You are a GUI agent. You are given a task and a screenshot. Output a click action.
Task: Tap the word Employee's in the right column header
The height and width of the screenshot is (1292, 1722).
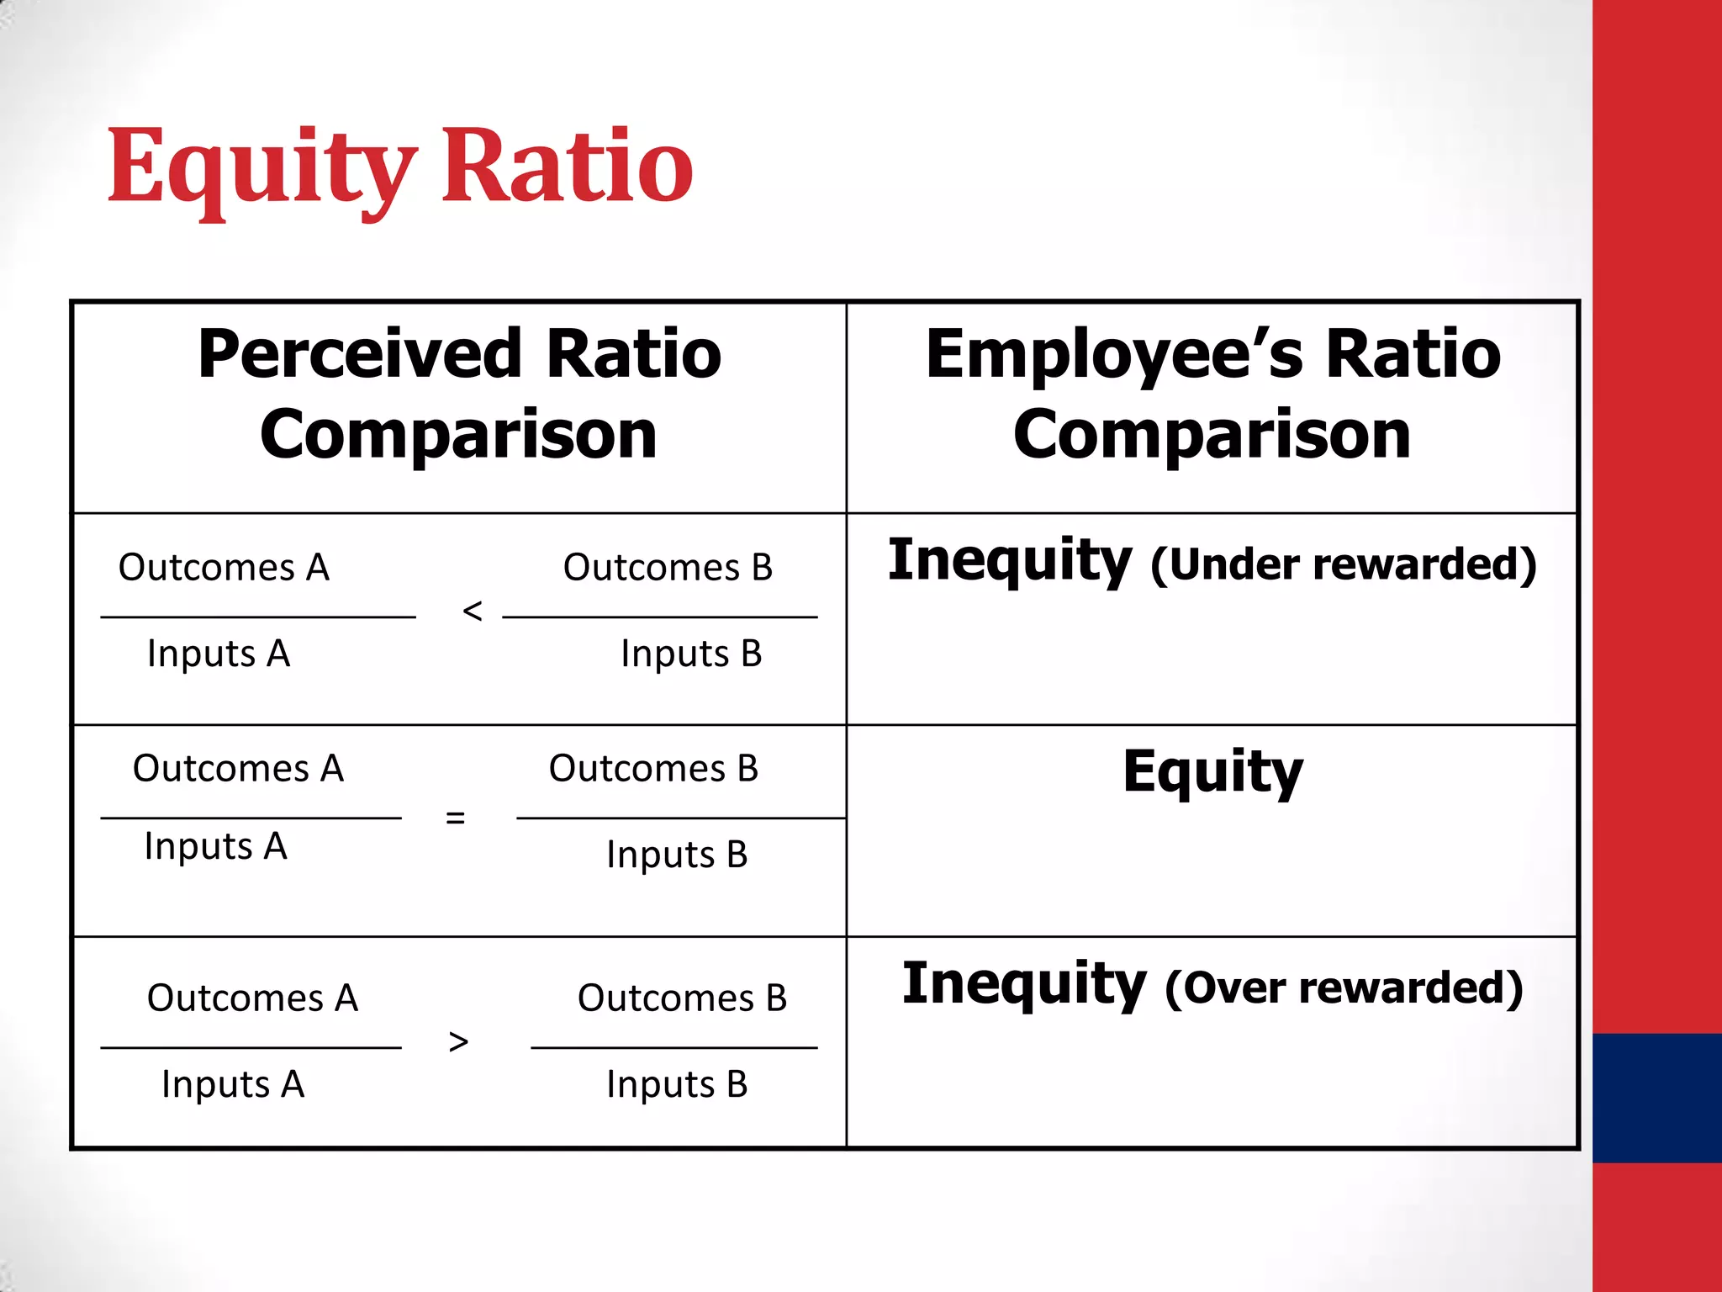(x=1114, y=354)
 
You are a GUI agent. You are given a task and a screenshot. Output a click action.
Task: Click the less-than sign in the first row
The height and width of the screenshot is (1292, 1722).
(x=473, y=611)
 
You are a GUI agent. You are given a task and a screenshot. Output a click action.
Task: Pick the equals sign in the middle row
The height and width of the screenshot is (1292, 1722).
(x=455, y=817)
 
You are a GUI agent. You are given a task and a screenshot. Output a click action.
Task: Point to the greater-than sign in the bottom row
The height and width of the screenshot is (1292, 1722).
(x=458, y=1042)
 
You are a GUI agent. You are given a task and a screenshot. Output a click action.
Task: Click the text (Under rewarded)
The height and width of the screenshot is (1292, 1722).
(x=1343, y=564)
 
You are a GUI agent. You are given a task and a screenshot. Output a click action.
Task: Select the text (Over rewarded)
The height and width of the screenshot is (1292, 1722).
(x=1343, y=988)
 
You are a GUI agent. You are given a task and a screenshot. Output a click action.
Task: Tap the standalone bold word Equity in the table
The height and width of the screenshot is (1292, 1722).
(x=1212, y=772)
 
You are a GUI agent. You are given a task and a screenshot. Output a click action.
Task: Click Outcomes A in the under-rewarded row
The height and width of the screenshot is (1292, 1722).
(x=224, y=568)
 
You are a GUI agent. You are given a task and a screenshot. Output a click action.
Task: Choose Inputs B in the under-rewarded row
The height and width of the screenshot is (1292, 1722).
(x=691, y=654)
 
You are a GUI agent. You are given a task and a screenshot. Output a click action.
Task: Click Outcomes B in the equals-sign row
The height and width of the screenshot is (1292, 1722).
(x=653, y=769)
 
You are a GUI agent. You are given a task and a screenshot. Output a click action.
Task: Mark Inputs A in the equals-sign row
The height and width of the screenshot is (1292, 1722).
(x=216, y=846)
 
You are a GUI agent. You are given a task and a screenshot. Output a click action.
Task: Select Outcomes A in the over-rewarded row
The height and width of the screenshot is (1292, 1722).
(x=252, y=998)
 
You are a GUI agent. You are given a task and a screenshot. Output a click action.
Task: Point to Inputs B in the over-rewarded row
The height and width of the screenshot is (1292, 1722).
(x=677, y=1084)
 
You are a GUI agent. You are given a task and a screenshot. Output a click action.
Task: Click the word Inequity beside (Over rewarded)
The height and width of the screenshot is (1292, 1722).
(x=1023, y=984)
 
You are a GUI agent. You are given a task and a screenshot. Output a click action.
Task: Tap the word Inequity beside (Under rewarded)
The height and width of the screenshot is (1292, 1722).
(x=1009, y=561)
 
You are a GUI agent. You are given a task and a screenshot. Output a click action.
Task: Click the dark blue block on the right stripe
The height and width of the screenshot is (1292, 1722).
(x=1656, y=1098)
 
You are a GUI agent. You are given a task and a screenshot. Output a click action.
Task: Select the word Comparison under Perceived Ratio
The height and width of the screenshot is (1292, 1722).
(x=458, y=435)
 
